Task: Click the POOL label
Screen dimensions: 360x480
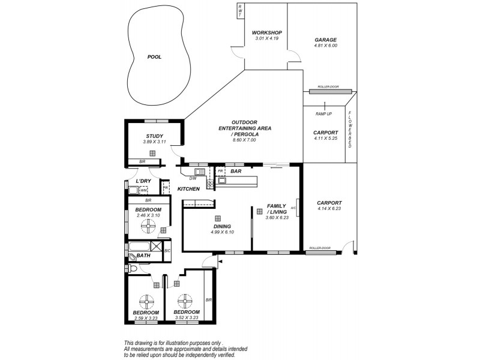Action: coord(155,57)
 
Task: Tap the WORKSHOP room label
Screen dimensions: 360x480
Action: coord(267,32)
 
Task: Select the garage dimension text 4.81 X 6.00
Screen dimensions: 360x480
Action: coord(326,46)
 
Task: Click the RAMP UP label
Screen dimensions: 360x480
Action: coord(323,113)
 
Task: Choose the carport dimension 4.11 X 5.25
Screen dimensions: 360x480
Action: coord(326,139)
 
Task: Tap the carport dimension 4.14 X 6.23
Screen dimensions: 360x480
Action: coord(329,209)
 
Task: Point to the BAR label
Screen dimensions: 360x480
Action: coord(236,171)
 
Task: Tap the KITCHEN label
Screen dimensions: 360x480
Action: coord(188,189)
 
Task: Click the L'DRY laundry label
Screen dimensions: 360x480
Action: coord(143,181)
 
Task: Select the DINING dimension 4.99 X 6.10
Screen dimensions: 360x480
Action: coord(222,232)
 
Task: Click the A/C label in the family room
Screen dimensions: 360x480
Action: coord(293,208)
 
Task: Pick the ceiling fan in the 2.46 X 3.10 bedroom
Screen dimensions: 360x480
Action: coord(148,226)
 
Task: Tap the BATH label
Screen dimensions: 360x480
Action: coord(143,256)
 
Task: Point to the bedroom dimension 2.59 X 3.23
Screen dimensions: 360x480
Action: coord(146,319)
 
